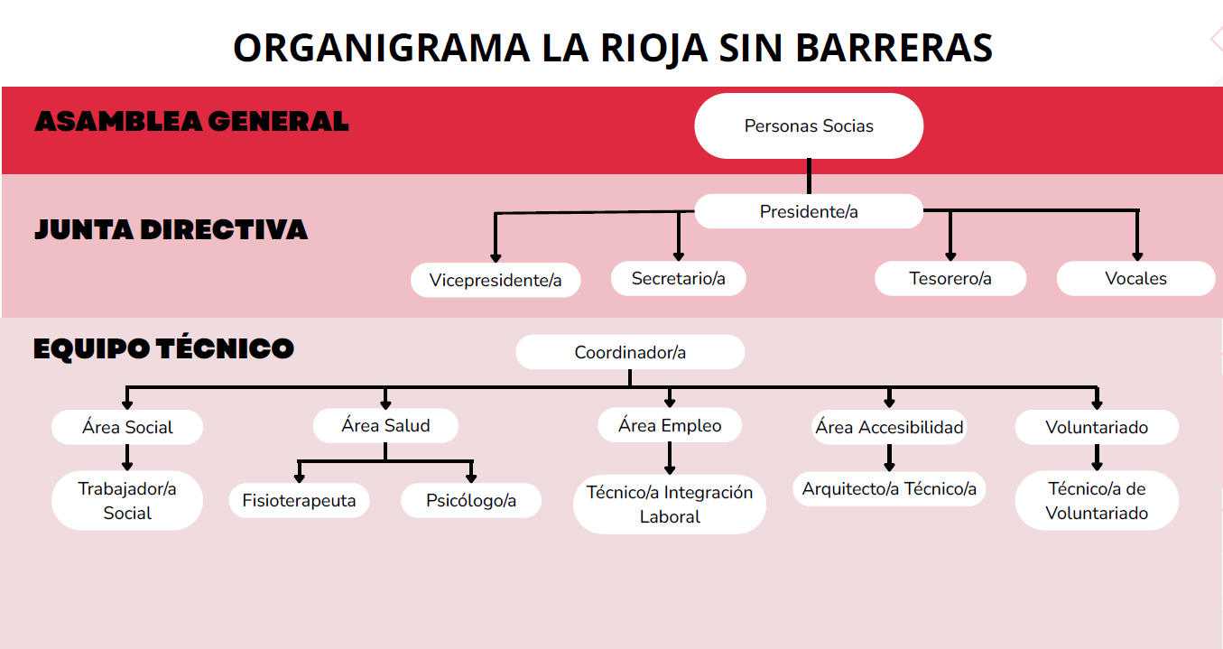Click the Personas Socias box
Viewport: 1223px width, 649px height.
[809, 126]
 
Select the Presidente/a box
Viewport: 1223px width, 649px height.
[809, 212]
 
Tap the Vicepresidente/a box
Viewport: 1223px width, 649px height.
[496, 280]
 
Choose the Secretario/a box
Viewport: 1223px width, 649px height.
[679, 278]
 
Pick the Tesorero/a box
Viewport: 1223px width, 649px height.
[950, 278]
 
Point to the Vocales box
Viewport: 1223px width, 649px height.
[1135, 278]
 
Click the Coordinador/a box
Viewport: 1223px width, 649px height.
[630, 352]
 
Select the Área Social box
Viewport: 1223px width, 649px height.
[127, 427]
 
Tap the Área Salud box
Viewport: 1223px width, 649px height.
[385, 425]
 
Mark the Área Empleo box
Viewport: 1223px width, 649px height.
[670, 425]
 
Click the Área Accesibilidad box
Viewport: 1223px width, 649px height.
[889, 427]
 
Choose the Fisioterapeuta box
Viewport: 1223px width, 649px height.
[299, 500]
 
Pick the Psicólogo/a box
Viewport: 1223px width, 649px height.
[471, 500]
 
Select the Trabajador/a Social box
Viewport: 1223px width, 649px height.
[127, 500]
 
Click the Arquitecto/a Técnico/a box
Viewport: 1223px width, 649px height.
[889, 489]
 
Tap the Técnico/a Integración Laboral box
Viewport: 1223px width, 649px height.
[670, 505]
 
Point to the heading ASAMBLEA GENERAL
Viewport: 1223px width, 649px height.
[191, 121]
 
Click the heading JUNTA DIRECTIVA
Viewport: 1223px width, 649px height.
[171, 229]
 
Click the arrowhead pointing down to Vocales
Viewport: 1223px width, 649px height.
[1137, 255]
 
